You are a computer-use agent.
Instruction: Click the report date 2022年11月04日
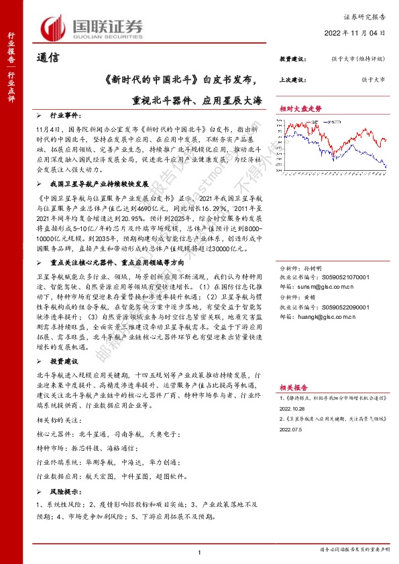pos(363,31)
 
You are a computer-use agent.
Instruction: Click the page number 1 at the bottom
pos(200,552)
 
